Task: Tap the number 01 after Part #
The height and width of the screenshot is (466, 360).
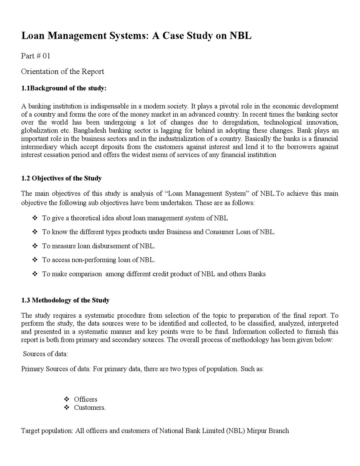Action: (46, 56)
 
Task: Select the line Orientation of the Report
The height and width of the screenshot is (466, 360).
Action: (62, 72)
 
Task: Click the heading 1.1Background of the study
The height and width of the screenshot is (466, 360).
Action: (64, 88)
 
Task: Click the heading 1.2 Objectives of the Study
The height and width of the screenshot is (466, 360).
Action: (61, 178)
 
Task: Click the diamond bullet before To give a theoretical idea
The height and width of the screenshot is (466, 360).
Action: (35, 218)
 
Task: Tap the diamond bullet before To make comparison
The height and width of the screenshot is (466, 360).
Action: (35, 274)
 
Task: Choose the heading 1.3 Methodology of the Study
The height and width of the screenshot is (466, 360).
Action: (65, 300)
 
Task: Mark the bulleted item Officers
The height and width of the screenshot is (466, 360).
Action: (85, 399)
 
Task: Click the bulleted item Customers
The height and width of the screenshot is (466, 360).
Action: (89, 408)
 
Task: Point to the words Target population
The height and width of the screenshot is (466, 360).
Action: (47, 431)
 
